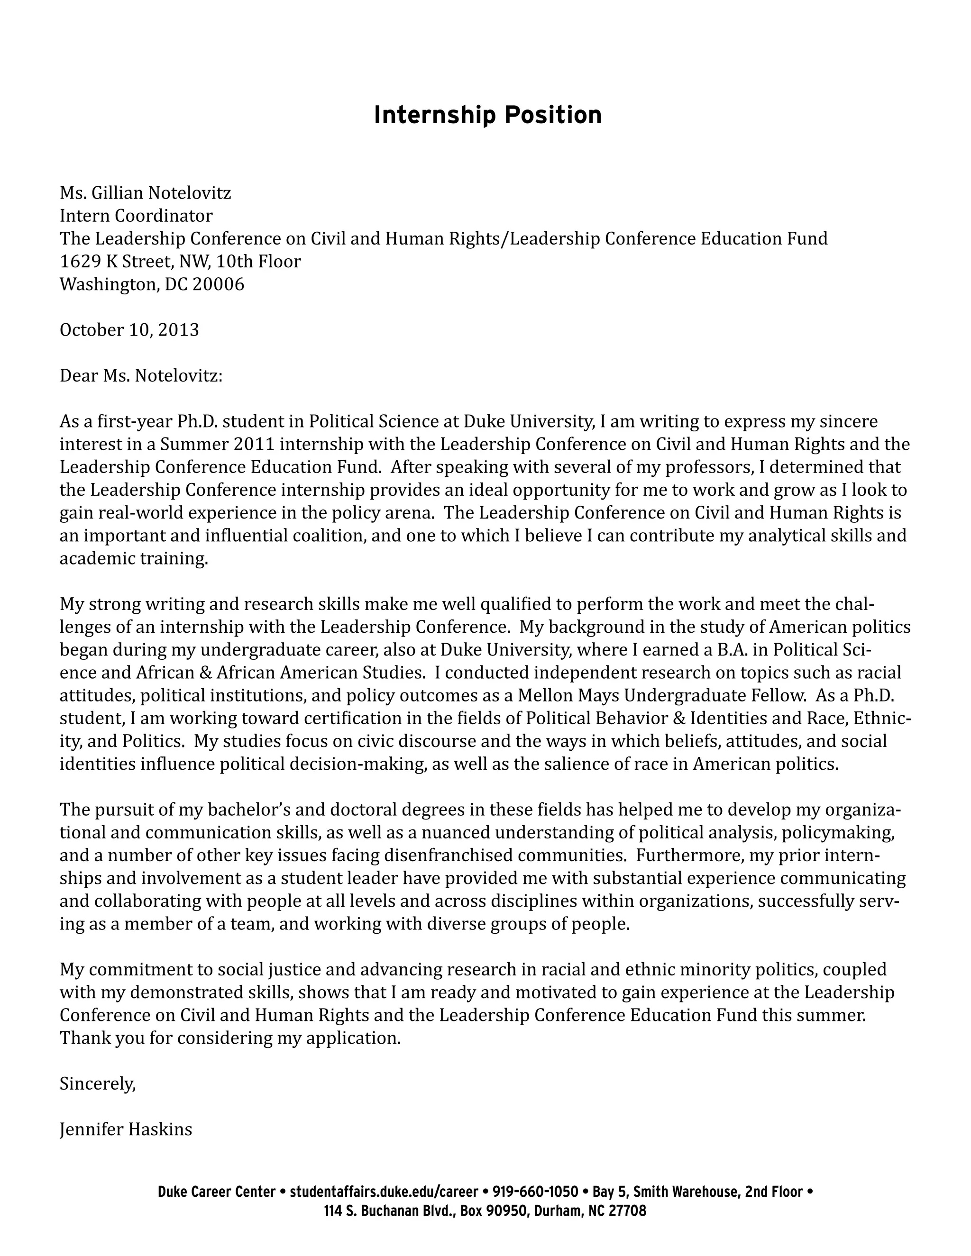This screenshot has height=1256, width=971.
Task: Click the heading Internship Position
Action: pyautogui.click(x=487, y=115)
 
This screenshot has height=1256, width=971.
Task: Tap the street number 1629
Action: pyautogui.click(x=81, y=262)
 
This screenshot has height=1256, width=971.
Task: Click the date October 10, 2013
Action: pyautogui.click(x=129, y=330)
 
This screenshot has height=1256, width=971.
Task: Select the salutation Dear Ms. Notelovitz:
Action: pyautogui.click(x=141, y=376)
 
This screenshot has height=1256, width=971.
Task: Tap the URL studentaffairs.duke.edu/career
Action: pyautogui.click(x=384, y=1192)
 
